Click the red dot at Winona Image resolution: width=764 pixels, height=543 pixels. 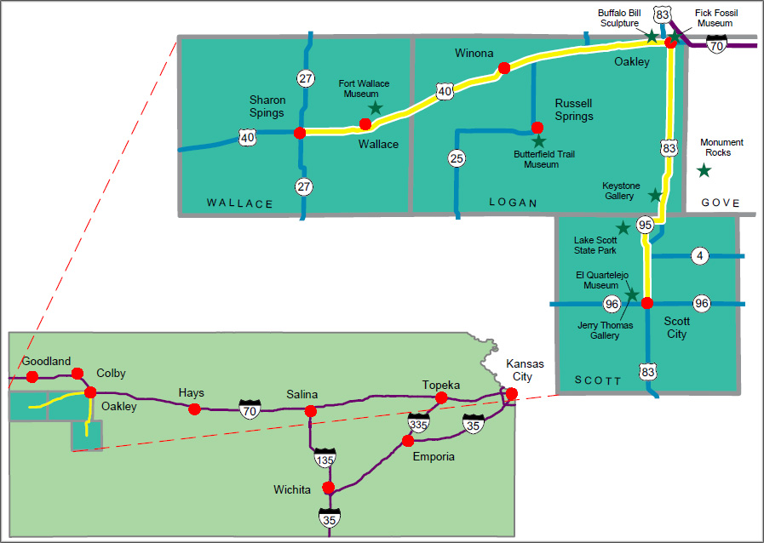click(504, 68)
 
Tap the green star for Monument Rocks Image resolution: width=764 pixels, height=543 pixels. click(704, 170)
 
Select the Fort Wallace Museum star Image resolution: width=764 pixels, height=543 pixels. click(375, 108)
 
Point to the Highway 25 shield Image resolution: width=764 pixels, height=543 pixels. click(457, 157)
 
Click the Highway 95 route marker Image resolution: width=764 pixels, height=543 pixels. click(645, 226)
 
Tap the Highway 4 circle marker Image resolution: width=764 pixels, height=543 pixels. click(699, 255)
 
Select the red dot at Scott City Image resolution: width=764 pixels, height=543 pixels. click(647, 303)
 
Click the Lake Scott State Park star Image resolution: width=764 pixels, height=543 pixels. click(623, 227)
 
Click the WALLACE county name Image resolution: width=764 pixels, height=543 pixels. click(240, 203)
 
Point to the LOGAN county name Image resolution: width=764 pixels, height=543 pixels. click(514, 203)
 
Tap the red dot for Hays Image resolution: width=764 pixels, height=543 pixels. click(194, 409)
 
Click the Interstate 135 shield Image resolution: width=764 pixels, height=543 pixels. click(325, 458)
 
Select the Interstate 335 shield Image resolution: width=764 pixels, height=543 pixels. click(418, 421)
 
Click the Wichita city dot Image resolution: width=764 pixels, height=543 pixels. click(329, 488)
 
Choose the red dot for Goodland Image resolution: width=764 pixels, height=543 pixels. click(32, 376)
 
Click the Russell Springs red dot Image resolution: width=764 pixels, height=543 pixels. click(537, 128)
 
